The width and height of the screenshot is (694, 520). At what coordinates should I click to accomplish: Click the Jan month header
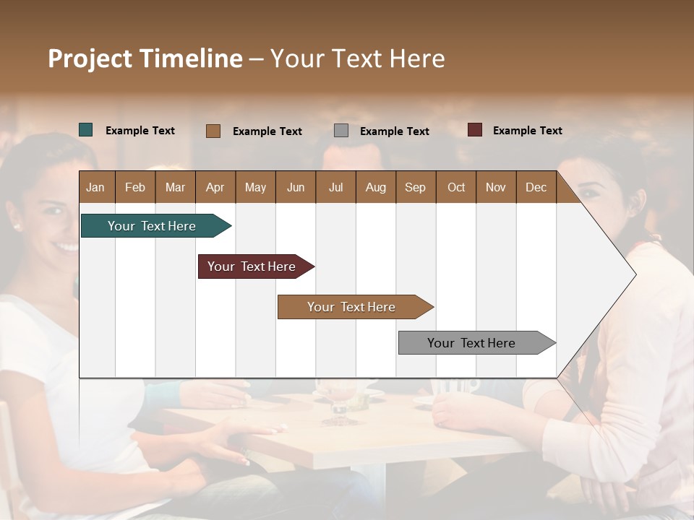(x=95, y=187)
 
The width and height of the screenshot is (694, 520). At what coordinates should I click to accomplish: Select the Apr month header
(x=215, y=187)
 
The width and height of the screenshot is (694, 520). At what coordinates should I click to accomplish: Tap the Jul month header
(x=335, y=187)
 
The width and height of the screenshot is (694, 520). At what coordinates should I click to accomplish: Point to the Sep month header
(x=415, y=187)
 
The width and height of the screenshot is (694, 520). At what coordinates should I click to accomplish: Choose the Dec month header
(x=536, y=187)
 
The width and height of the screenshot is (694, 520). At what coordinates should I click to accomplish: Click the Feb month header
(x=135, y=187)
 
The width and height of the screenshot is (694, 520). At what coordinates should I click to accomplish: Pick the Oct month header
(x=456, y=187)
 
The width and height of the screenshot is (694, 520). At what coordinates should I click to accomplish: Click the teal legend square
(x=86, y=130)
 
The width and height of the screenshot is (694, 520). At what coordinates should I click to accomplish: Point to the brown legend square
(x=213, y=131)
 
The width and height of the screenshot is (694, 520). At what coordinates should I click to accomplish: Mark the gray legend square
(x=341, y=131)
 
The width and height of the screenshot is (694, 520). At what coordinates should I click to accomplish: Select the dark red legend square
(x=475, y=130)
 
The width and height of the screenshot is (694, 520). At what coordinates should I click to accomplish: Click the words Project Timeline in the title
(x=145, y=58)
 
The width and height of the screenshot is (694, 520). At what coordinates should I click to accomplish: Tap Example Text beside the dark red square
(x=527, y=131)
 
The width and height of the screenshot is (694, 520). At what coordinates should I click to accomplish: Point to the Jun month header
(x=296, y=187)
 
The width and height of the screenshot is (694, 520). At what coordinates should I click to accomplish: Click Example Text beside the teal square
(x=140, y=131)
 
